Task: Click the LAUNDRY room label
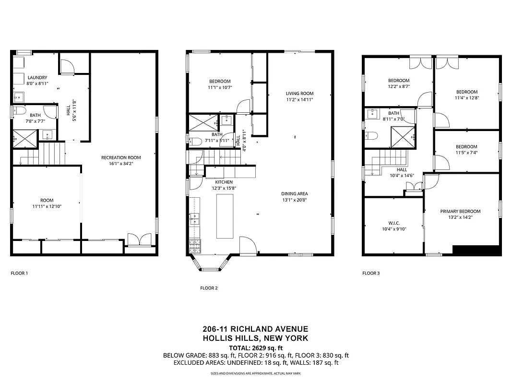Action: coord(37,78)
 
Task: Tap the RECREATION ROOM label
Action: coord(121,157)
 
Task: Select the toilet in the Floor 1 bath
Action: coord(19,111)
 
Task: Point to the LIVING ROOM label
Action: coord(299,94)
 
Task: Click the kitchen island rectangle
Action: coord(225,217)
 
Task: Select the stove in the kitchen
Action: coord(195,246)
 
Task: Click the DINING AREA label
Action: coord(294,194)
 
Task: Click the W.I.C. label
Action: coord(394,223)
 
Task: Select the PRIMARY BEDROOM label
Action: coord(460,211)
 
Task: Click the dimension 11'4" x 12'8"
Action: coord(466,98)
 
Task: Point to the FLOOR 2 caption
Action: coord(209,288)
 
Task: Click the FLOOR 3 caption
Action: coord(371,273)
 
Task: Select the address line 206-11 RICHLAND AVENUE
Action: coord(255,329)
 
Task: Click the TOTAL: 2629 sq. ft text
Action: coord(256,348)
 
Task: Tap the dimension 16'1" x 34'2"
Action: coord(121,164)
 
